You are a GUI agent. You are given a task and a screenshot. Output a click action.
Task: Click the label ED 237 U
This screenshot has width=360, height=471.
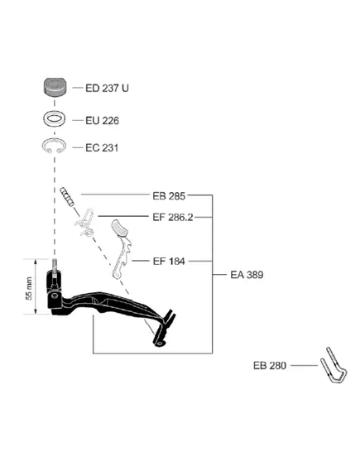(107, 88)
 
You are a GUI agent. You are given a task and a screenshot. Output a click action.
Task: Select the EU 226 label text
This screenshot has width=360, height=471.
(102, 121)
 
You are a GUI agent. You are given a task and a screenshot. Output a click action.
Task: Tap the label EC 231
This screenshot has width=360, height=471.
(102, 148)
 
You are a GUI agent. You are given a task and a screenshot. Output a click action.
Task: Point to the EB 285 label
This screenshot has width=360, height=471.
(169, 196)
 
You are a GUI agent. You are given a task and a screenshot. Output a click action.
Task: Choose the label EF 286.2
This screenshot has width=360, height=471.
(173, 217)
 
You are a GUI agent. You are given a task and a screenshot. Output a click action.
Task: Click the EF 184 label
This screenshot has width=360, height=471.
(169, 261)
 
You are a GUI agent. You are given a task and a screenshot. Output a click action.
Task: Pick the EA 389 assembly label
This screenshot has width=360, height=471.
(247, 275)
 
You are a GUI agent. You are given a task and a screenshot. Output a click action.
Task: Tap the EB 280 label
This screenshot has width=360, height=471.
(270, 365)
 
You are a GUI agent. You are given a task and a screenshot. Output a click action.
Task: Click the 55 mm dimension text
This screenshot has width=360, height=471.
(29, 288)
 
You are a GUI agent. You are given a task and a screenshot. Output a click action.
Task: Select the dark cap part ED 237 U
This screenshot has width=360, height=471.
(55, 87)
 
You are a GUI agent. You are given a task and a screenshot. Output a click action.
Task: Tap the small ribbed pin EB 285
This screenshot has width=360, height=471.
(67, 196)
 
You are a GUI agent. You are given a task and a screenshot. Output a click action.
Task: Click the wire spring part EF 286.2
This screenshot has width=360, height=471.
(84, 223)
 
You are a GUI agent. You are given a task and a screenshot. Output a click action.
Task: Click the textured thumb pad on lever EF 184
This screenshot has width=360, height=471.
(120, 228)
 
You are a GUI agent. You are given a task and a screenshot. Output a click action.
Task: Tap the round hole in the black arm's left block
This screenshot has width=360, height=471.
(55, 296)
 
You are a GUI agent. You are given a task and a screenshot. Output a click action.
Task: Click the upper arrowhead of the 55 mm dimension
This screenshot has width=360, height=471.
(36, 261)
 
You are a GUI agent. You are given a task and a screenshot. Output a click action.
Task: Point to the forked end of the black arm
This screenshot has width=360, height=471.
(168, 318)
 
